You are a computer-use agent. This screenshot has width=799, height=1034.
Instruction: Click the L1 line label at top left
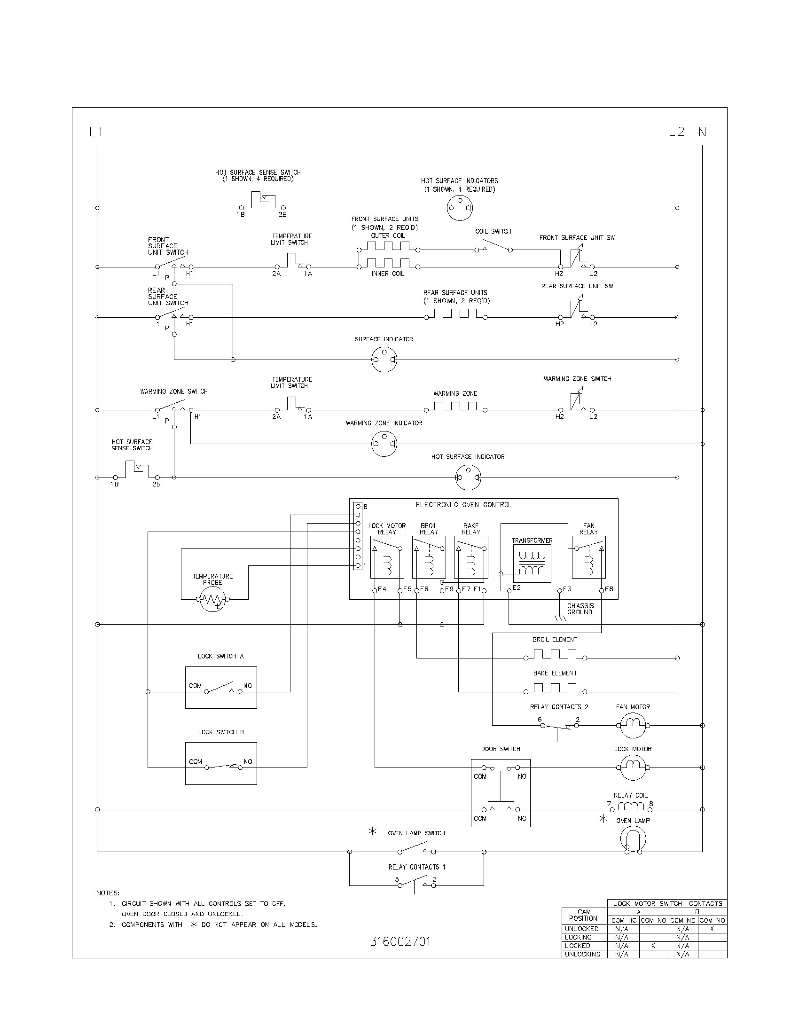pos(96,132)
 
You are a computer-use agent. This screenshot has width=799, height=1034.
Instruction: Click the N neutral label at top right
pos(703,132)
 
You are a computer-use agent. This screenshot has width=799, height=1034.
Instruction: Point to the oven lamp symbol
pos(633,840)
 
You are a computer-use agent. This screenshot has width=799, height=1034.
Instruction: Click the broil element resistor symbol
pos(555,655)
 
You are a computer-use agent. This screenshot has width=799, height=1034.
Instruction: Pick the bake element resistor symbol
pos(555,689)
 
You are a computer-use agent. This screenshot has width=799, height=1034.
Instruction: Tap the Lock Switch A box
pos(220,688)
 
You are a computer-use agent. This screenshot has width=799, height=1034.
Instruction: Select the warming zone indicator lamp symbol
pos(384,444)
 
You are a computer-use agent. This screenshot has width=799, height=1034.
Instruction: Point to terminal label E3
pos(567,589)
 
